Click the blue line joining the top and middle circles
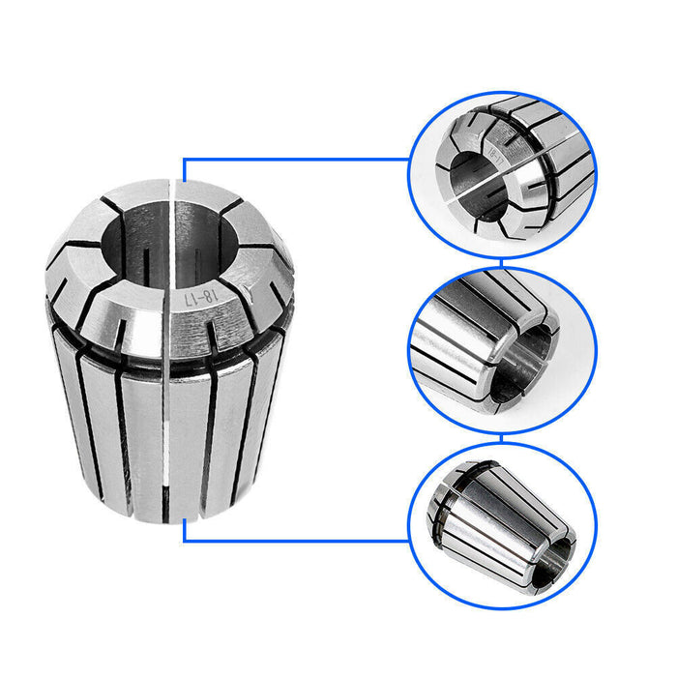[x=502, y=262]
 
